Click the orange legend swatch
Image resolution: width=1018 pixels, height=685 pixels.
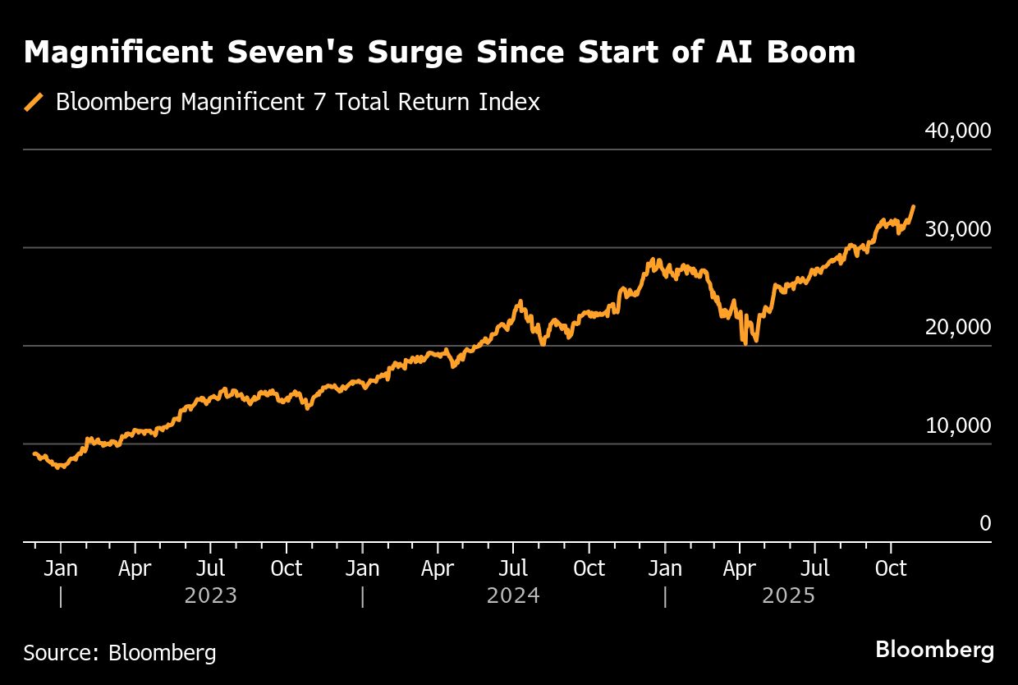pos(34,102)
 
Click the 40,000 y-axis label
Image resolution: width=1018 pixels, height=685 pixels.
pos(958,131)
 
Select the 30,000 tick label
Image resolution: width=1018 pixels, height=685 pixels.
pos(958,229)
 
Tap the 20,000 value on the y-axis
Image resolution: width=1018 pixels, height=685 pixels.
pos(958,327)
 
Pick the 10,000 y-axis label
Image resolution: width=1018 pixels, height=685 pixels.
pos(958,425)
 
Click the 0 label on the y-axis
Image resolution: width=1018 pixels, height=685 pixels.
pos(985,523)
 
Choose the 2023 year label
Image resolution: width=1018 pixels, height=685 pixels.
pos(211,595)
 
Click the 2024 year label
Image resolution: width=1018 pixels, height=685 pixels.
pos(513,595)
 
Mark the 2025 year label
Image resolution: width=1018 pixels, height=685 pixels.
pos(789,595)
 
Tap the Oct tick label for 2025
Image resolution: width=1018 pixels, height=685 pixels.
pos(891,568)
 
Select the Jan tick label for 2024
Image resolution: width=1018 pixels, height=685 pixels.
pos(362,568)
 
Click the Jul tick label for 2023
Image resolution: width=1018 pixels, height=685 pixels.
pos(211,568)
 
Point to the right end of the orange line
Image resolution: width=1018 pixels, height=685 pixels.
pos(914,207)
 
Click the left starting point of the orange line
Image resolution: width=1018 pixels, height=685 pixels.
pos(34,453)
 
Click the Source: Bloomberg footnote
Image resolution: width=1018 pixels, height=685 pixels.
pos(120,653)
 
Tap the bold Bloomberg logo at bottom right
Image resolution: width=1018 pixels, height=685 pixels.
pos(934,650)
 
